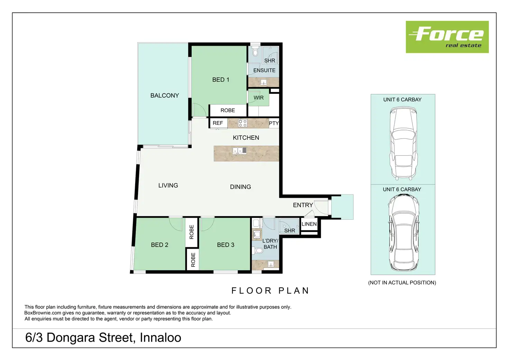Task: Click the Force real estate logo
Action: point(447,37)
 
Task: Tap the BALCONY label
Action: point(165,95)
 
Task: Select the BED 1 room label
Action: point(221,80)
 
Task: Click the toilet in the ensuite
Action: point(255,52)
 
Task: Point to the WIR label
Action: point(258,98)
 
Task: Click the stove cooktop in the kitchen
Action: point(242,123)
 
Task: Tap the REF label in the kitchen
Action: point(218,123)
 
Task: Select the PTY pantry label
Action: point(274,123)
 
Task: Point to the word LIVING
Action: point(168,185)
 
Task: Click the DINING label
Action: point(240,187)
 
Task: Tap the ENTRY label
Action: point(303,205)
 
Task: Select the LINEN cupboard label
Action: point(309,224)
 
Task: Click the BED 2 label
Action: point(159,245)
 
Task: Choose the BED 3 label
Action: point(225,245)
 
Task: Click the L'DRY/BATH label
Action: point(270,244)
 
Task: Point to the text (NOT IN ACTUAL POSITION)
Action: point(402,283)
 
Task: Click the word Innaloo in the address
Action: point(160,338)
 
